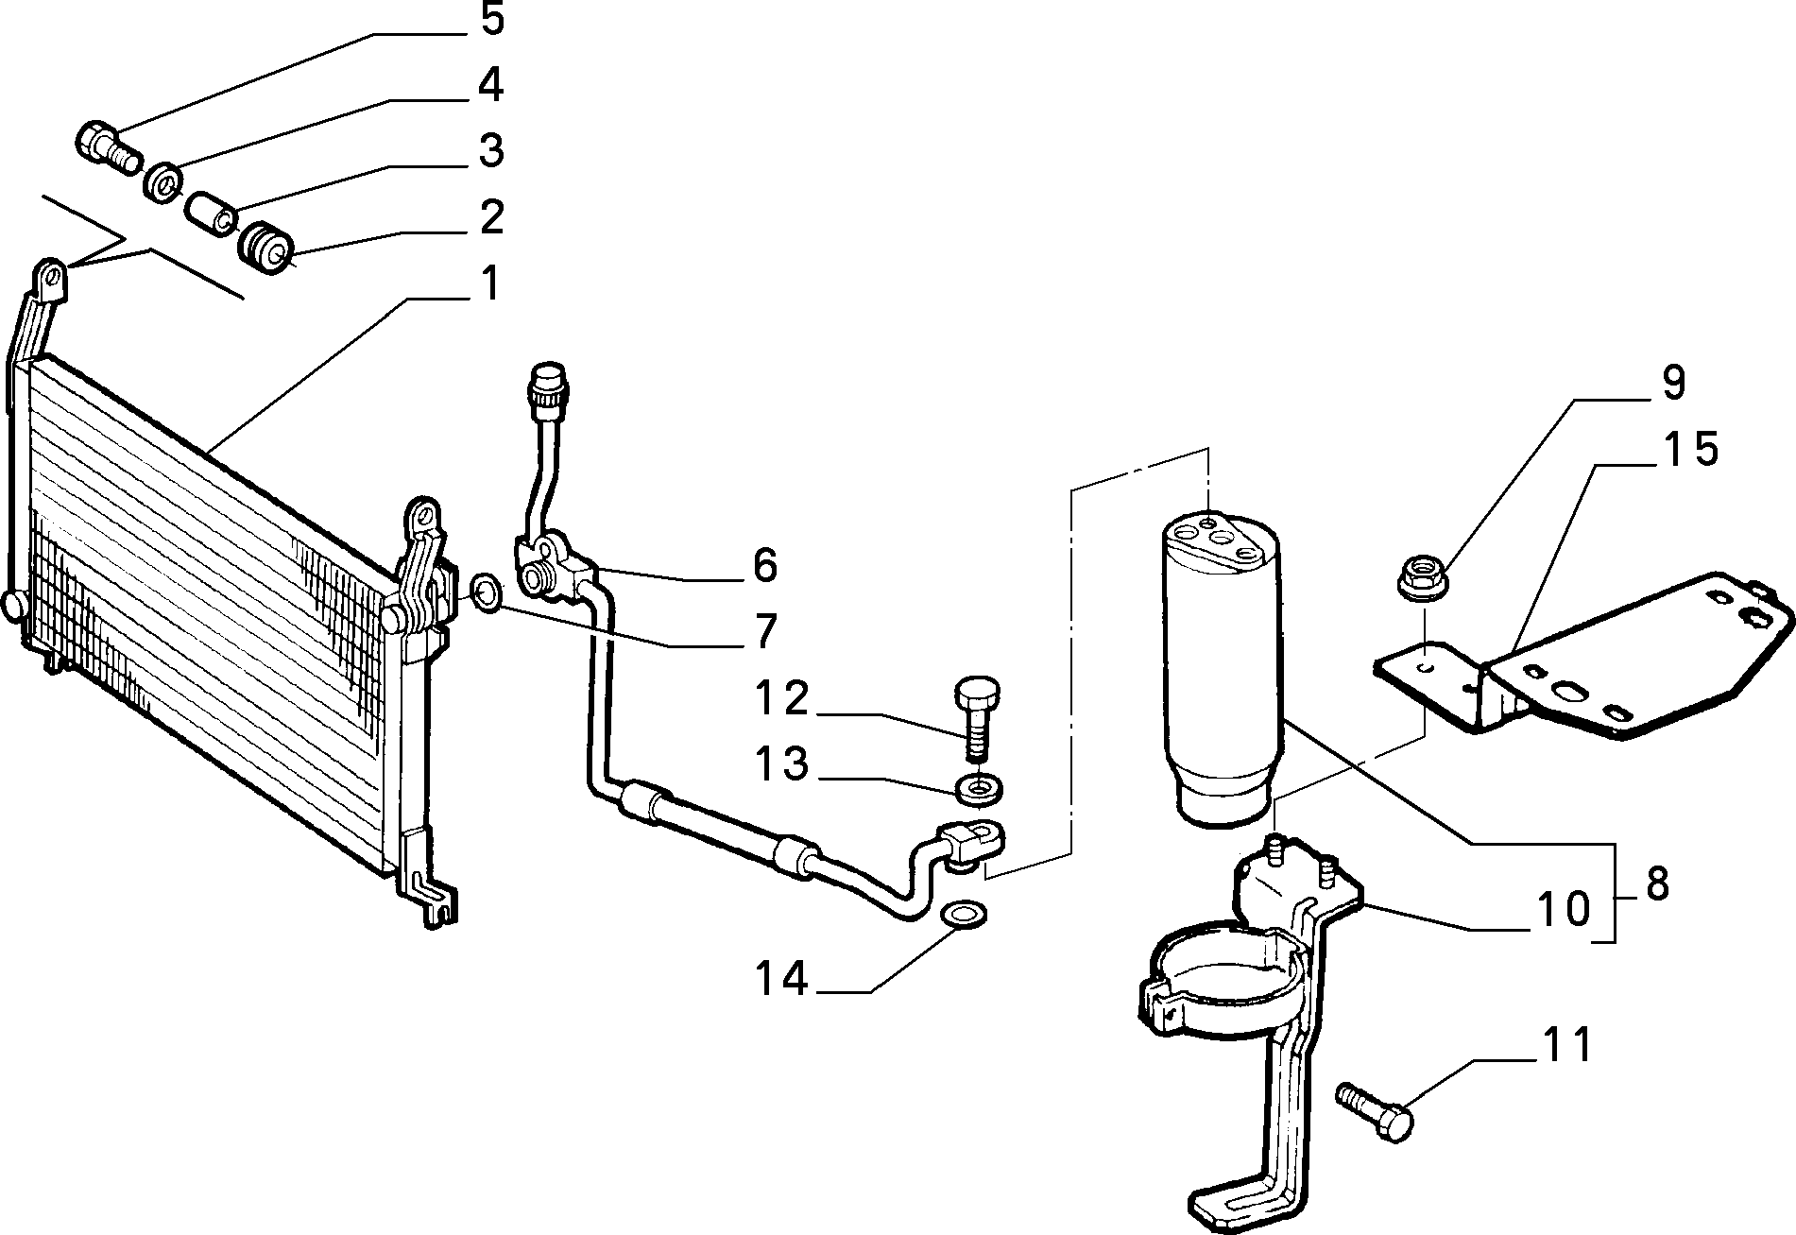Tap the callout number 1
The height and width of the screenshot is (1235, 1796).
488,283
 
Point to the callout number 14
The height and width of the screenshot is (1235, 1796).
781,978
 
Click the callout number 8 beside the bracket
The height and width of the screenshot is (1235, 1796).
1656,884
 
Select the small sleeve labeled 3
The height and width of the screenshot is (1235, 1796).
213,214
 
